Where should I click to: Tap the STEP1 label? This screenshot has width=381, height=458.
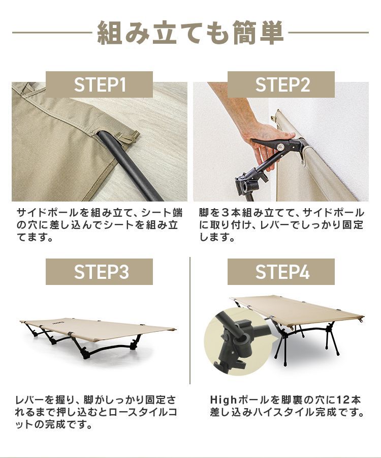(99, 84)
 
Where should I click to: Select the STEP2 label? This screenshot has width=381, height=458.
(281, 84)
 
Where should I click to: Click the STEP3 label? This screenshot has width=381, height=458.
(99, 272)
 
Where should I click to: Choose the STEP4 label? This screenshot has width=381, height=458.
(281, 272)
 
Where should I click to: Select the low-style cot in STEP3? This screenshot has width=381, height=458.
(99, 333)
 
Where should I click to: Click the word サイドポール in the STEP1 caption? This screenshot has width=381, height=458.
(43, 212)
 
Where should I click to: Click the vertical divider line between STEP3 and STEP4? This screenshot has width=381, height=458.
(190, 321)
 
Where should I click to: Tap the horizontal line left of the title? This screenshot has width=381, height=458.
(51, 33)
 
